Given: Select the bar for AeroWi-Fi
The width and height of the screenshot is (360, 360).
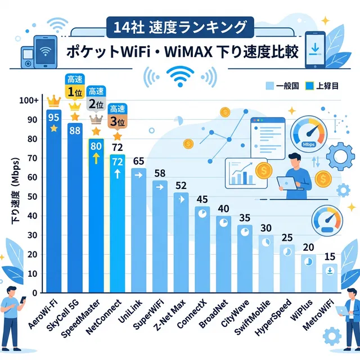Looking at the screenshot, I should click(53, 202).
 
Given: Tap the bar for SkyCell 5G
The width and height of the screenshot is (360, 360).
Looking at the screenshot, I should click(75, 208).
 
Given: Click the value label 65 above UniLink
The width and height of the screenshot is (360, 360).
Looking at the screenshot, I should click(138, 161).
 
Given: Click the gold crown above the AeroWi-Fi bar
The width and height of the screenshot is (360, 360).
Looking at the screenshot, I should click(54, 101).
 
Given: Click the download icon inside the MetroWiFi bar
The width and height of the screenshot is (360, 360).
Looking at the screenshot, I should click(330, 271).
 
